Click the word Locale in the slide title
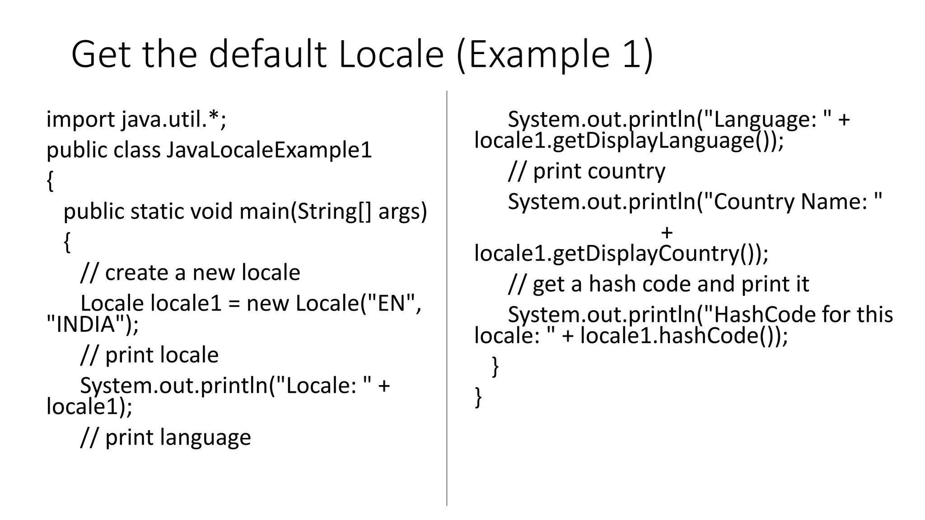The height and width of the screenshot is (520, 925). pos(391,55)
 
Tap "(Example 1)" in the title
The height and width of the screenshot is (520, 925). pos(555,55)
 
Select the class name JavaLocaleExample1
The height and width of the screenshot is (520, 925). pos(269,150)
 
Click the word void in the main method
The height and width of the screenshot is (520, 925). pos(212,211)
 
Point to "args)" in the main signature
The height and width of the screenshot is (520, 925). pos(402,211)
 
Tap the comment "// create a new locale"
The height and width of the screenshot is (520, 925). pos(190,273)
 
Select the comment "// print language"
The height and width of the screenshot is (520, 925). pos(165,437)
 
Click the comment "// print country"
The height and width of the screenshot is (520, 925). pos(586,171)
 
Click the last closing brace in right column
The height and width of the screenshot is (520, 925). pos(478,397)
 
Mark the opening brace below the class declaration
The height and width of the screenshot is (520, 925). pos(50,181)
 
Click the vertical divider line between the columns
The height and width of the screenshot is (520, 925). pos(447,298)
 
